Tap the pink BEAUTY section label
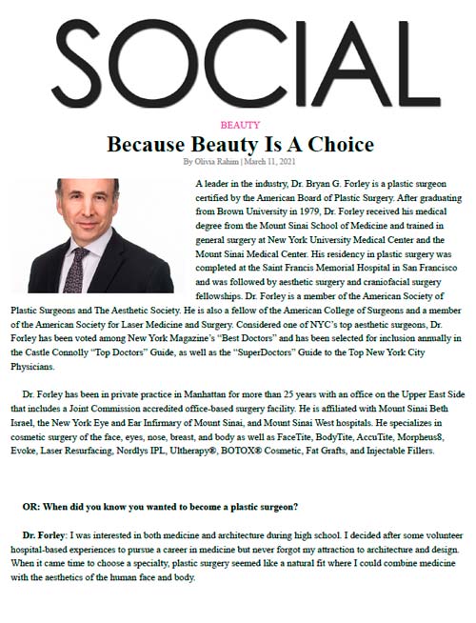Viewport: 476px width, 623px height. pyautogui.click(x=238, y=126)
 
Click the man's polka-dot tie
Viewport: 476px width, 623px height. pyautogui.click(x=72, y=261)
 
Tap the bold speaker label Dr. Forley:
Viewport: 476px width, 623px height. pyautogui.click(x=48, y=537)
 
